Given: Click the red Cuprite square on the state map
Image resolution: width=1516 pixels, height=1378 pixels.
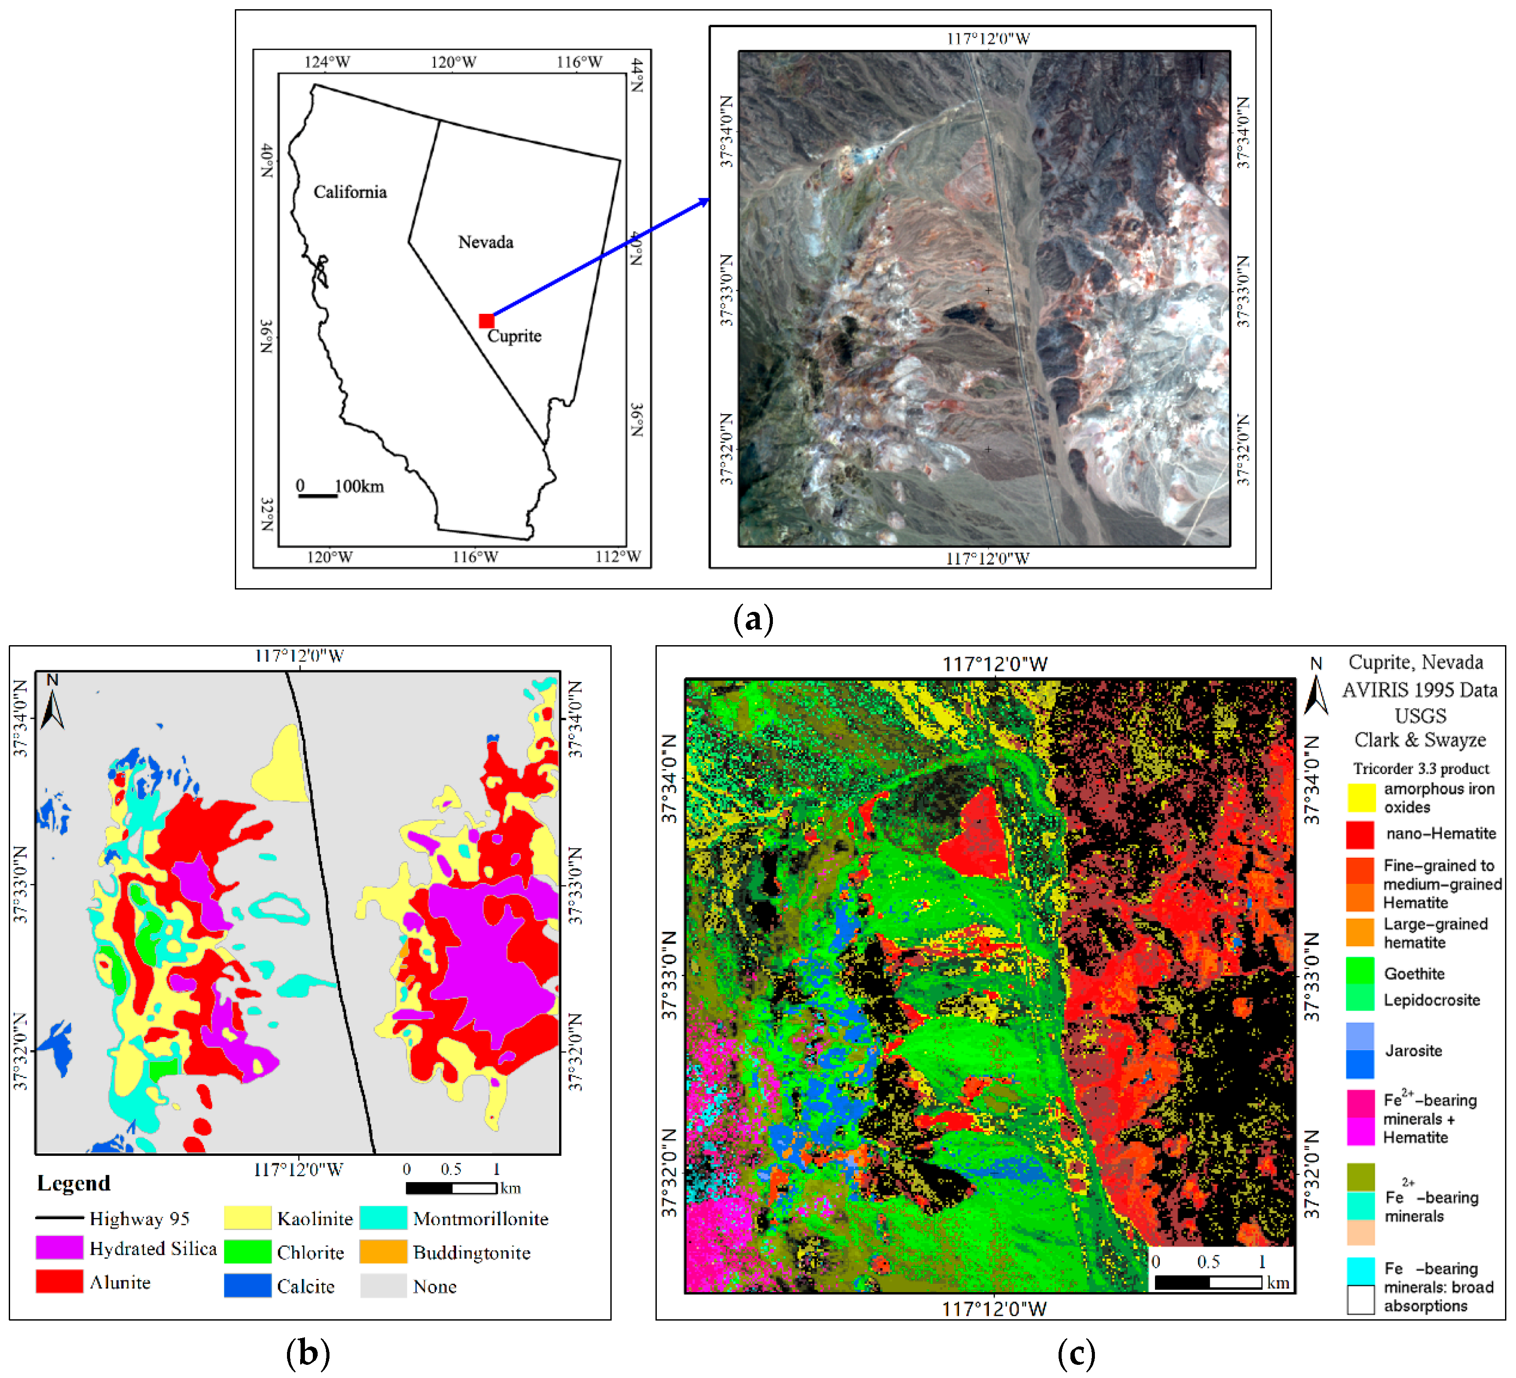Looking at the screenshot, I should pos(486,321).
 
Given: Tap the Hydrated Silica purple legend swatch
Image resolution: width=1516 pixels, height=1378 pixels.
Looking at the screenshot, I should pos(60,1247).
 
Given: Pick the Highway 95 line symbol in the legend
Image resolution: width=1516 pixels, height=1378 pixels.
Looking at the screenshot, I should pos(60,1217).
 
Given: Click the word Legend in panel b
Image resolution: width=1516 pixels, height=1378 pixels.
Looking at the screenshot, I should pos(74,1183).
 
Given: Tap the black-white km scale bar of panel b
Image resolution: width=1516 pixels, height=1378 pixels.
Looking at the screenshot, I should pos(451,1188).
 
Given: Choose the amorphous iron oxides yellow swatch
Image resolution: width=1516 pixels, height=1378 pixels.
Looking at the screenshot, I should pos(1360,797).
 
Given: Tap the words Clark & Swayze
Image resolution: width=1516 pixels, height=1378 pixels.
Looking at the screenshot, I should pos(1420,740).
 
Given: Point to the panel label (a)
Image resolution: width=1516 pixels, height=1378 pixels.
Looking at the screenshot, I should pos(753,619).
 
